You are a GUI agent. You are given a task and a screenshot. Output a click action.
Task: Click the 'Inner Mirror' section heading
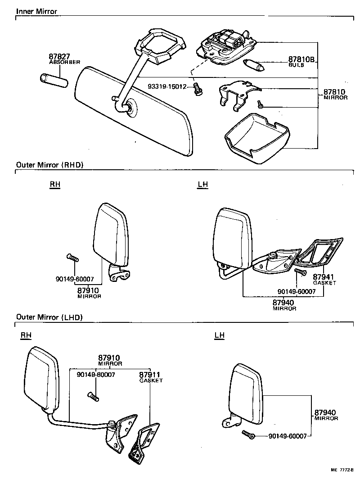click(x=37, y=11)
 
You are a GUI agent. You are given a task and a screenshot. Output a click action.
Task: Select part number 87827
click(x=59, y=57)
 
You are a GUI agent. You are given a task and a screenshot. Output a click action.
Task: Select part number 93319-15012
click(x=167, y=86)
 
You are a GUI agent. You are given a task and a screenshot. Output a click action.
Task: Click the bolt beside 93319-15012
click(x=197, y=89)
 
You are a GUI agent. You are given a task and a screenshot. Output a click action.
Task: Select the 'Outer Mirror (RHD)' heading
click(x=50, y=165)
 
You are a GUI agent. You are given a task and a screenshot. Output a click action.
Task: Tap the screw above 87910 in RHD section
click(x=72, y=258)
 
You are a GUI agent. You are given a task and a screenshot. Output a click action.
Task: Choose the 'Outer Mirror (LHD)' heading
click(x=49, y=317)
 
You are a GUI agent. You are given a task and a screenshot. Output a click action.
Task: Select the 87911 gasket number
click(x=150, y=375)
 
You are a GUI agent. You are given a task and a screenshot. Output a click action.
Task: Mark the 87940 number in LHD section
click(x=325, y=412)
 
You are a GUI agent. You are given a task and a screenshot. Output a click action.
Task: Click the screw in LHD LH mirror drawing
click(x=248, y=435)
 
